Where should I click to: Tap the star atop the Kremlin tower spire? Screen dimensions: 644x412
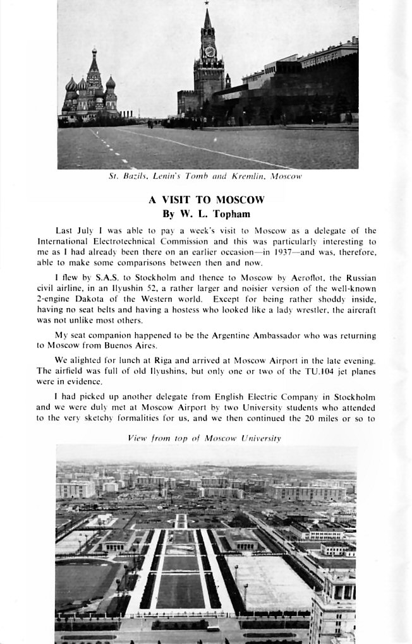pyautogui.click(x=207, y=4)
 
